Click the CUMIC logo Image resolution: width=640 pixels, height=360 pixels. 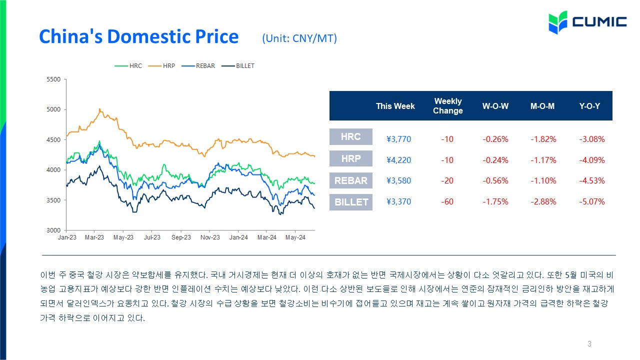coord(587,22)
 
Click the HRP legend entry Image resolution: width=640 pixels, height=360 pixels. coord(161,66)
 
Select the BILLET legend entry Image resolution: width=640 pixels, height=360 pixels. coord(238,66)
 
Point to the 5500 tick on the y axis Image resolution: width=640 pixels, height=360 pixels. coord(53,79)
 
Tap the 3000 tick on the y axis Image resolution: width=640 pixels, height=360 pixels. coord(53,230)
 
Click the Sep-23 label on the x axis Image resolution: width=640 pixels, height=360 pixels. coord(181,237)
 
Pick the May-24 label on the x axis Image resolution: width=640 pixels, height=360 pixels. coord(295,237)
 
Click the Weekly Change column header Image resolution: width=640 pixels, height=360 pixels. coord(447,105)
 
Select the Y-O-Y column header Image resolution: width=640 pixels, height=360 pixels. coord(589,106)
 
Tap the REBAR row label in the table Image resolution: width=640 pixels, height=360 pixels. coord(351,180)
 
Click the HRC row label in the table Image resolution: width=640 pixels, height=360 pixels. coord(351,136)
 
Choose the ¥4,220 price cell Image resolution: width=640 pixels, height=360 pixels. coord(398,160)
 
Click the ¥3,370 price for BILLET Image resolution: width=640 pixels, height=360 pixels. coord(398,201)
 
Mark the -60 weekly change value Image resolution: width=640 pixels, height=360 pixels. coord(447,201)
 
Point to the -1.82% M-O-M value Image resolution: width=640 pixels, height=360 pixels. coord(543,139)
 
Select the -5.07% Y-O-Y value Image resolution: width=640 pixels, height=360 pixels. coord(592,201)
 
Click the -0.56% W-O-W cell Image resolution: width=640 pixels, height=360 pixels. coord(495,180)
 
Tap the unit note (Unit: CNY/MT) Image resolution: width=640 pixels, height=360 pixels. coord(299,38)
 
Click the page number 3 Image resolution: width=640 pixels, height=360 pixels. coord(589,343)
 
